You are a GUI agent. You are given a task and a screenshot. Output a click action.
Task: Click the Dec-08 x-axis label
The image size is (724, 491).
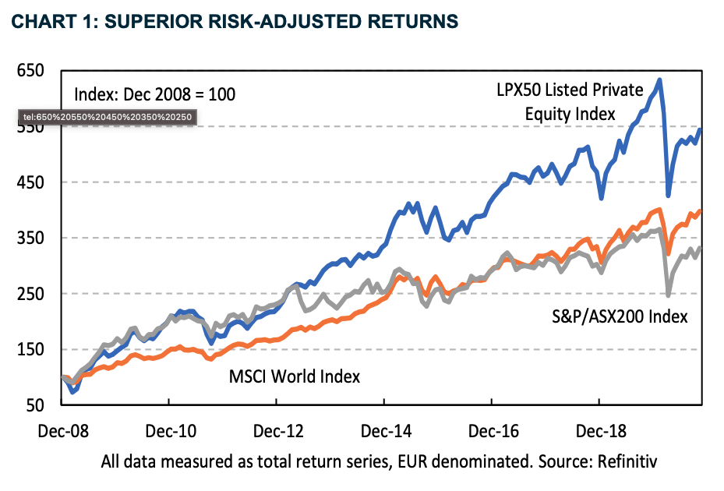(61, 429)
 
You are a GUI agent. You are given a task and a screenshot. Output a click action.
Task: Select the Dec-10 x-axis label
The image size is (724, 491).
(168, 429)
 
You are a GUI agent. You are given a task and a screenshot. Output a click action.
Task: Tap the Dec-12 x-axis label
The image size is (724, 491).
(276, 429)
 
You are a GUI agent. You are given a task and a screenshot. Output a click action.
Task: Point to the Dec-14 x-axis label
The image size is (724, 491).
(383, 429)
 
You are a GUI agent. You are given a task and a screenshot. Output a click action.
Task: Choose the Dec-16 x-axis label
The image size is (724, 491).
(491, 429)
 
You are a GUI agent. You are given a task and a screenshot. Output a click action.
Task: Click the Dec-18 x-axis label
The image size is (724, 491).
(599, 429)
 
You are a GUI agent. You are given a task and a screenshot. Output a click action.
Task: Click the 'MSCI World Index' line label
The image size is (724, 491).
(295, 376)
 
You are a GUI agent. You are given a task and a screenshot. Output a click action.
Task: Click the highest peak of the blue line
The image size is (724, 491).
(659, 79)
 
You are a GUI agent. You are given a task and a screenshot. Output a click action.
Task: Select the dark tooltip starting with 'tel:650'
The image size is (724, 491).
(108, 118)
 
